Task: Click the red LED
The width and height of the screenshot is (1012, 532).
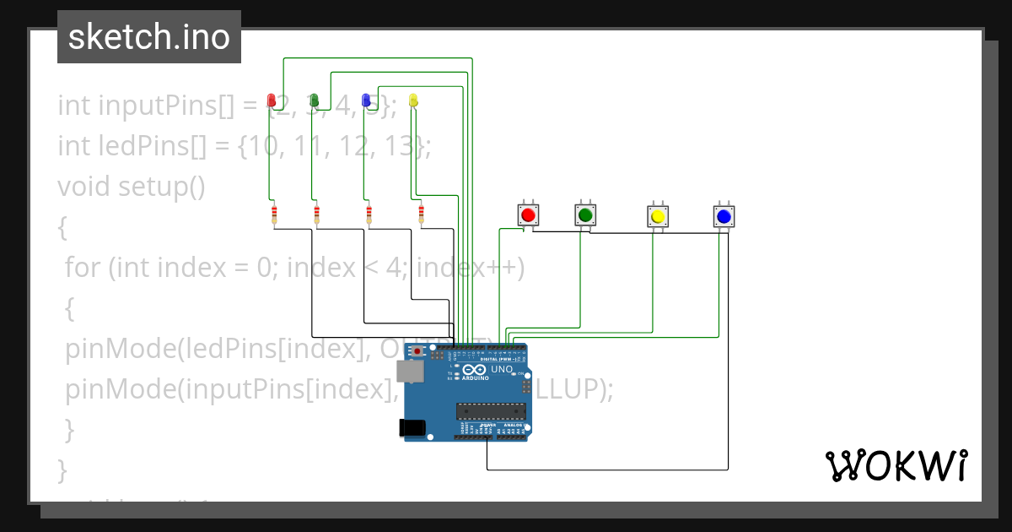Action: point(272,100)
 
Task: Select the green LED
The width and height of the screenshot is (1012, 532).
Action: point(315,100)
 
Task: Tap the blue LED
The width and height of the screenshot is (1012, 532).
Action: point(366,100)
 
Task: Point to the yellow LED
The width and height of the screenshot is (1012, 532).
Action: point(412,100)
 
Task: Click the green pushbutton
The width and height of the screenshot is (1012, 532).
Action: point(585,215)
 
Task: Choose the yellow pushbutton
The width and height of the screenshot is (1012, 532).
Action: point(658,216)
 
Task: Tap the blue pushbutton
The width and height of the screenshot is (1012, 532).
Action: point(723,216)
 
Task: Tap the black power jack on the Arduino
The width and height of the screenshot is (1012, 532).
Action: point(412,428)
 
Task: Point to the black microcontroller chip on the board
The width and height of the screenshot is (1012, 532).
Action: point(492,411)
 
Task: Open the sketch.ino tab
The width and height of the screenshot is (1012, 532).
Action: point(149,37)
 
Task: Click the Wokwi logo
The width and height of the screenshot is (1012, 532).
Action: point(896,465)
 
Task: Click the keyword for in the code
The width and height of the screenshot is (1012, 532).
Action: point(83,268)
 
